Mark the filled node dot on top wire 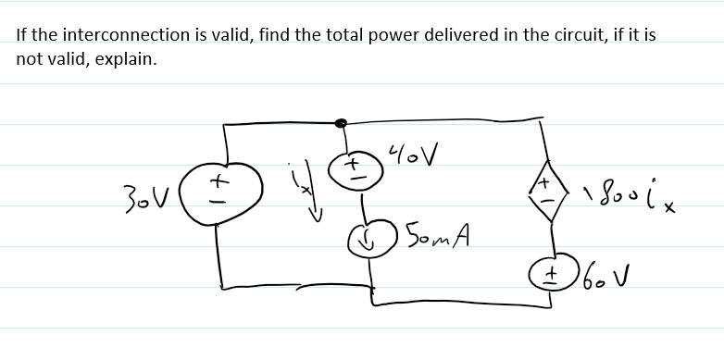click(341, 122)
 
